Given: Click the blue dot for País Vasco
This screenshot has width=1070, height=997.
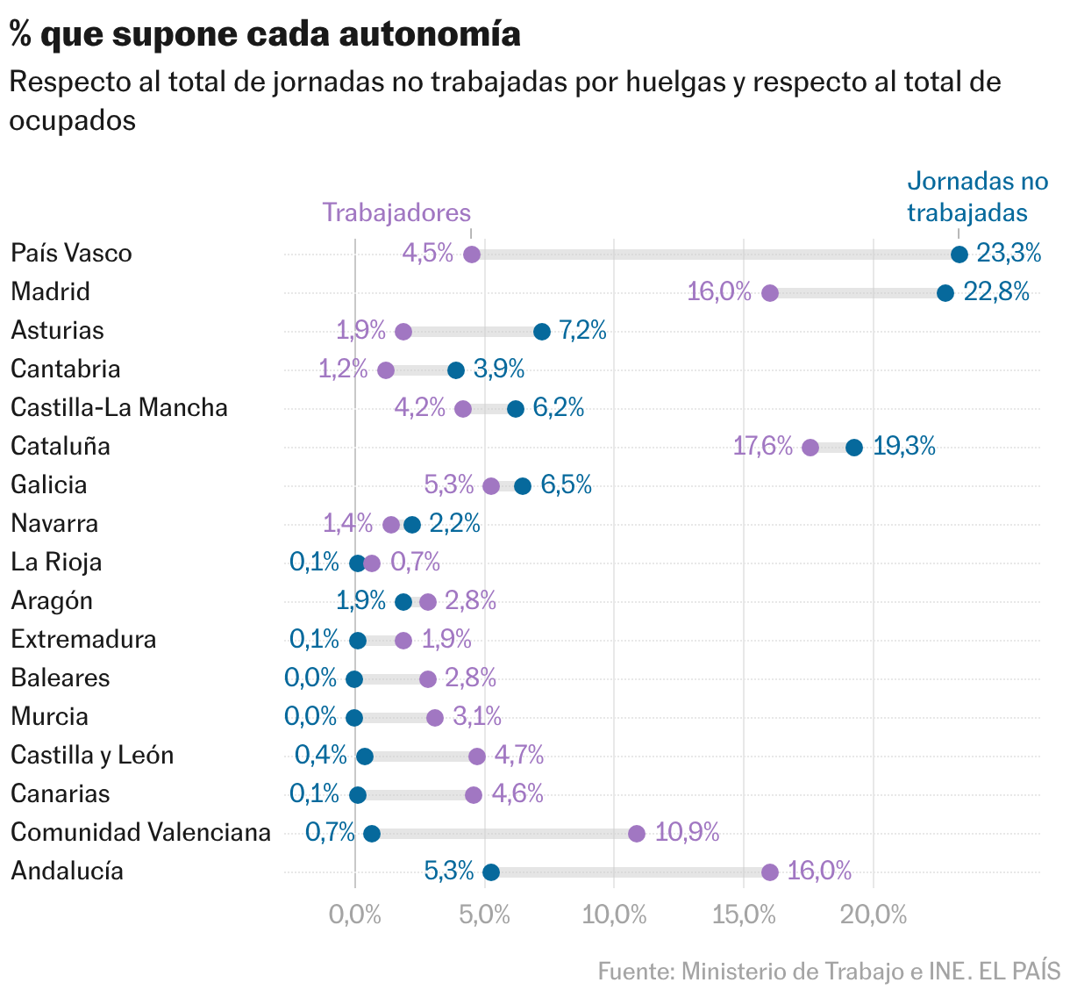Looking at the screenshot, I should pyautogui.click(x=959, y=255).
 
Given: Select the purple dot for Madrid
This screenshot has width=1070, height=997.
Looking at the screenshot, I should pyautogui.click(x=770, y=293).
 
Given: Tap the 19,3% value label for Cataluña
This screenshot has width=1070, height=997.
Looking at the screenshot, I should pyautogui.click(x=903, y=446).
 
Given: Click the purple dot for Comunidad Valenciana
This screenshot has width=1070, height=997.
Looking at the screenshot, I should pyautogui.click(x=636, y=834).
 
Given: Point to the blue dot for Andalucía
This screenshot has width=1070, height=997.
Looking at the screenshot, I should pyautogui.click(x=491, y=872).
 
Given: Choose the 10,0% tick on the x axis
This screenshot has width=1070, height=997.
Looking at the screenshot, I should pyautogui.click(x=614, y=915).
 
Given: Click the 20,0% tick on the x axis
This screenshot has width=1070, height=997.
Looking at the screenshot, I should pyautogui.click(x=874, y=915).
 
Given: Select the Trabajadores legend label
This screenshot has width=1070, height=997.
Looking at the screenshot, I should pyautogui.click(x=396, y=212).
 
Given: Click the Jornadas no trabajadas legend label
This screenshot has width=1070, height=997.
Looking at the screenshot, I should pyautogui.click(x=977, y=197).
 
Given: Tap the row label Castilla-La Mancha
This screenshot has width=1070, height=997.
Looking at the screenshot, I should pyautogui.click(x=119, y=407).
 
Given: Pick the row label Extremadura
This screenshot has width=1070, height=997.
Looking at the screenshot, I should pyautogui.click(x=83, y=639).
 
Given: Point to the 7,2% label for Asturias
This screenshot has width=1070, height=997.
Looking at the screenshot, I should pyautogui.click(x=582, y=330).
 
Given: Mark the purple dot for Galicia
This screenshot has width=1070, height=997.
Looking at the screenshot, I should pyautogui.click(x=491, y=486).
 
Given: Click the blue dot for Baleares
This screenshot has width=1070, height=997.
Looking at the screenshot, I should pyautogui.click(x=354, y=679).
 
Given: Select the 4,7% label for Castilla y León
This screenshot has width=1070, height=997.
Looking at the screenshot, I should pyautogui.click(x=519, y=755).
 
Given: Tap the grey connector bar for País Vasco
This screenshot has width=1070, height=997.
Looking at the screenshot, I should pyautogui.click(x=715, y=255).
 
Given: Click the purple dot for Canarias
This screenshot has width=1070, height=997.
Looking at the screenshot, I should pyautogui.click(x=474, y=795).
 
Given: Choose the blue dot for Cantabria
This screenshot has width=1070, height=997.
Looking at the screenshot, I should pyautogui.click(x=456, y=370).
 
